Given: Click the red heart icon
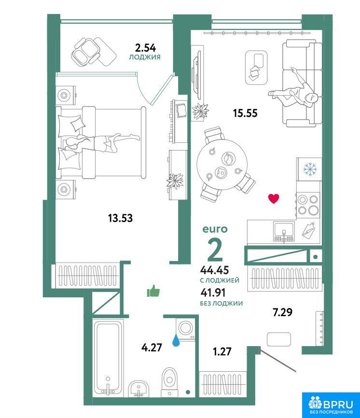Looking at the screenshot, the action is pos(274,198).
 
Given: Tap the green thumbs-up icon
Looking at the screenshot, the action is pos(153,291).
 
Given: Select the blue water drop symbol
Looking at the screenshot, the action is pos(176,340).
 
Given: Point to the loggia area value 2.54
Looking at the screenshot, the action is pos(145,48).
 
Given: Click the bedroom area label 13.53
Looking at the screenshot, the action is pos(120,218).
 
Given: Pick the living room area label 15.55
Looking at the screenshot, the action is pos(245,113).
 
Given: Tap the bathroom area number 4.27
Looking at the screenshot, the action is pos(152,348).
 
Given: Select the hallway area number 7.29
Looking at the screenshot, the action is pos(282,312).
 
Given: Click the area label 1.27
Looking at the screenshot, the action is pos(222,351).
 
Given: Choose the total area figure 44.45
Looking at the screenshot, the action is pos(215,270).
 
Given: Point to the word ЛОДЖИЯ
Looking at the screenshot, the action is pos(145,57).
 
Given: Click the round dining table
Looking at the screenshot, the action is pos(222,164).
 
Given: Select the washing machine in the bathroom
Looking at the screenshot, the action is pos(185,329).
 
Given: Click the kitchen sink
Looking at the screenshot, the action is pos(284,232).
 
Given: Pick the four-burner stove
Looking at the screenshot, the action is pos(308,204).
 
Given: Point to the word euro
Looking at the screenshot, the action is pos(215,229).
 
